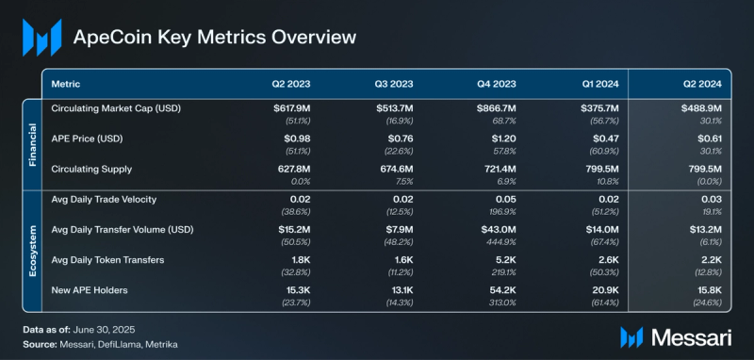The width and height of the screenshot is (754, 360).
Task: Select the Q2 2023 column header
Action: click(x=288, y=83)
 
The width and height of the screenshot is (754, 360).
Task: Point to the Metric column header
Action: click(x=66, y=83)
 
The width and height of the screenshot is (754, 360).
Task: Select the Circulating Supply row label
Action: click(x=92, y=169)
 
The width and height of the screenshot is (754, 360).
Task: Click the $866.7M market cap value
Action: click(x=496, y=108)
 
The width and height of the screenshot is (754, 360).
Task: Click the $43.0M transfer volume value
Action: click(x=498, y=228)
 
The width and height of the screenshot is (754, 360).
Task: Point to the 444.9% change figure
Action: click(x=502, y=240)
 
